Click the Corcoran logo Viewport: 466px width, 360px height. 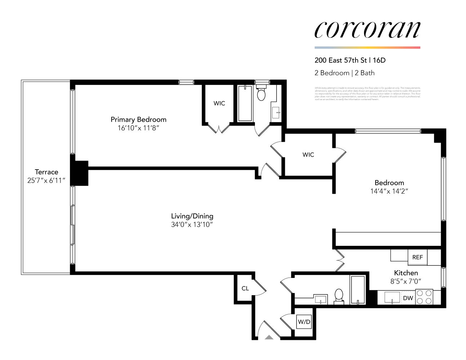[x=367, y=30]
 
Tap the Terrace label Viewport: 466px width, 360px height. [x=46, y=172]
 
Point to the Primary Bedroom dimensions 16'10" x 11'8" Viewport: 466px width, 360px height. [x=138, y=128]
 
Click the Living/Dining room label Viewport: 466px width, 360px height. [x=192, y=216]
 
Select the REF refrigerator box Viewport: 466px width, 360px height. [x=417, y=257]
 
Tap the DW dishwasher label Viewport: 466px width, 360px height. [x=408, y=298]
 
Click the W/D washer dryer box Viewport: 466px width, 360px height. [x=304, y=322]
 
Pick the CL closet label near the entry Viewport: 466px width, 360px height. [x=245, y=288]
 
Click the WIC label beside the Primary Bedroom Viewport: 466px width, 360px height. [x=219, y=103]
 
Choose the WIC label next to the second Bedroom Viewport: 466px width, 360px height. [x=308, y=155]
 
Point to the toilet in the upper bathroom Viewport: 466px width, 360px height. [x=261, y=94]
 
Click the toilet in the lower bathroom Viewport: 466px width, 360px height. [x=339, y=295]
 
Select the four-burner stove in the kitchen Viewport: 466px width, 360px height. [x=424, y=297]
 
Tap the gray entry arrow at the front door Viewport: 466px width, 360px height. [x=269, y=337]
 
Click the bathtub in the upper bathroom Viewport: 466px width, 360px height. [x=245, y=104]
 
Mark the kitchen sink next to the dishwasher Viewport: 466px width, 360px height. [x=392, y=298]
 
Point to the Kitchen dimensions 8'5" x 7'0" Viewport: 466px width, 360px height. [x=406, y=282]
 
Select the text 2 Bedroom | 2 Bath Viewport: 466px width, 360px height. [x=344, y=73]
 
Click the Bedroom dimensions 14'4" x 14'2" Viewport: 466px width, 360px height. [x=389, y=192]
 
